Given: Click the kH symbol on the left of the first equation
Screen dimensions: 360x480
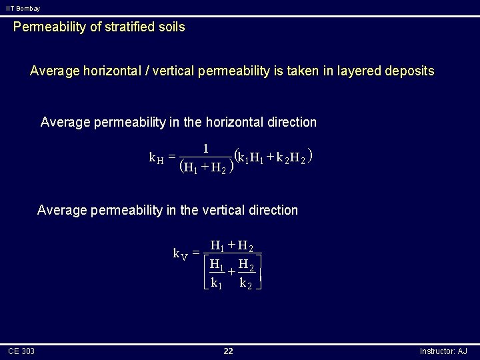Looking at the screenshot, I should tap(157, 158).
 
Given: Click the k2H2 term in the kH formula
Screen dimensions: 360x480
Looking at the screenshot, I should tap(293, 159).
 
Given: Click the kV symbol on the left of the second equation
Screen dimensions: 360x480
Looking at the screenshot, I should tap(179, 253).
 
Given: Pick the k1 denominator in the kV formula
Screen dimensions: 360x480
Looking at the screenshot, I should tap(216, 283).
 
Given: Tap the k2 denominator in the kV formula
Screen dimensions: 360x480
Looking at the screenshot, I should tap(246, 283).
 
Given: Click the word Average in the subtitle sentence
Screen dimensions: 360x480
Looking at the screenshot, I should tap(54, 71).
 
